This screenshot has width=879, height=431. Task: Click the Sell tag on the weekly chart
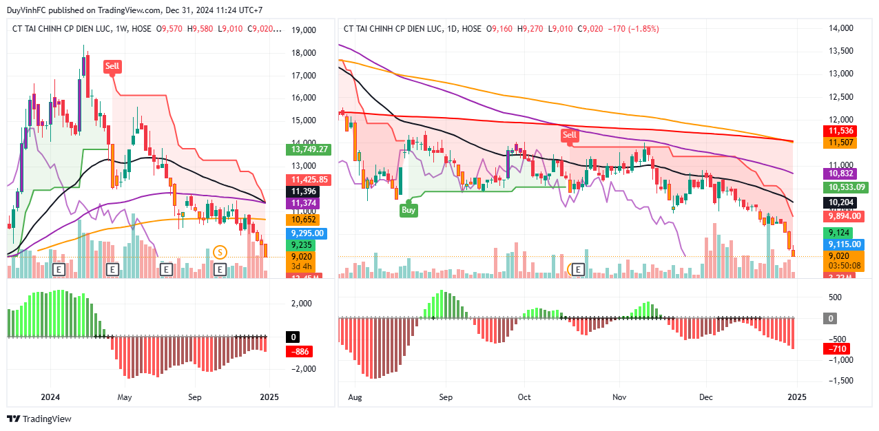point(112,66)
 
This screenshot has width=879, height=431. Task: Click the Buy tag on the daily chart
point(409,210)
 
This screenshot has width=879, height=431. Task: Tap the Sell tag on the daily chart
point(569,135)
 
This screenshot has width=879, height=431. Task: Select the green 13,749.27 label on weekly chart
point(309,149)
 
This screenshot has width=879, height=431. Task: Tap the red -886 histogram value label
point(301,351)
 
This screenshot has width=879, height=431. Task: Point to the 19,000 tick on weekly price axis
point(304,30)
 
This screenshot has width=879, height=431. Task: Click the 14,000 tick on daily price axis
point(840,28)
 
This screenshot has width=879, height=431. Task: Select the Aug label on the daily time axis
point(355,397)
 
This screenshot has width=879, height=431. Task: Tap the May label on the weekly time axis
point(124,397)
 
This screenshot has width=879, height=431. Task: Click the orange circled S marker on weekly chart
point(220,253)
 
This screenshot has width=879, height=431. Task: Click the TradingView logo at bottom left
point(39,419)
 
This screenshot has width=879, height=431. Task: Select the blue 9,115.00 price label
point(844,244)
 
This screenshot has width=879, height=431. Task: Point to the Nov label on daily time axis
point(619,397)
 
